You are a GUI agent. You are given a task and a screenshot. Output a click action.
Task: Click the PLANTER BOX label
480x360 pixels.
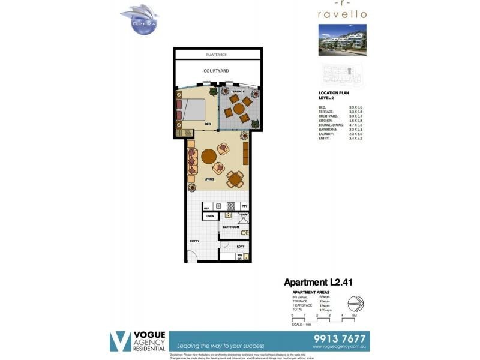pyautogui.click(x=216, y=55)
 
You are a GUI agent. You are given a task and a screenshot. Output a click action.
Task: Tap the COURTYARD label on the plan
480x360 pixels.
pyautogui.click(x=216, y=71)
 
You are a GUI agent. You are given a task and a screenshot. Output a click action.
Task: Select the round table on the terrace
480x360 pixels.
pyautogui.click(x=239, y=109)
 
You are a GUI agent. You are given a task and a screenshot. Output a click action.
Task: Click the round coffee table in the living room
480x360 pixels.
pyautogui.click(x=209, y=157)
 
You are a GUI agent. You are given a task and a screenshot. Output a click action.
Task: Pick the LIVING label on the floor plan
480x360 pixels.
pyautogui.click(x=209, y=179)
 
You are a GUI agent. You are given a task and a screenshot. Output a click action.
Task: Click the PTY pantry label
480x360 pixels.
pyautogui.click(x=244, y=206)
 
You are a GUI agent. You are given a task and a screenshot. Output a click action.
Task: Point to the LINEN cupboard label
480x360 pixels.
pyautogui.click(x=210, y=216)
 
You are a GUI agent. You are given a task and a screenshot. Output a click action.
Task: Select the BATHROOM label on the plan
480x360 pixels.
pyautogui.click(x=231, y=227)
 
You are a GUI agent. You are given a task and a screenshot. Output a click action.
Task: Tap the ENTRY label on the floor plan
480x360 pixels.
pyautogui.click(x=194, y=241)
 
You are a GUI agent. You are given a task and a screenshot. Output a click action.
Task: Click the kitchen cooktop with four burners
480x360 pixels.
pyautogui.click(x=230, y=206)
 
